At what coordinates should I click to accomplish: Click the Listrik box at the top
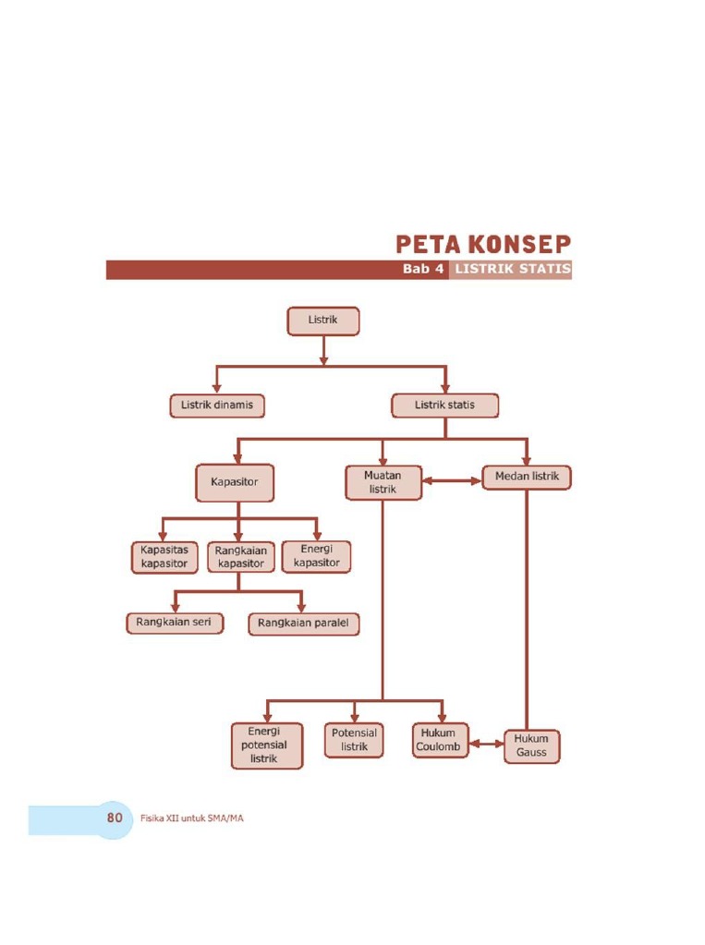click(322, 321)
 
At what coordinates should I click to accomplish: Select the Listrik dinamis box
click(217, 406)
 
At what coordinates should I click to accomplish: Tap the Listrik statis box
click(445, 406)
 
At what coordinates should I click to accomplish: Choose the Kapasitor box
click(235, 482)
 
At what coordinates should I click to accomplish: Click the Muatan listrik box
click(383, 482)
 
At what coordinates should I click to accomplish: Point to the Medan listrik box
click(527, 478)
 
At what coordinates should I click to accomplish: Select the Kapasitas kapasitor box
click(164, 556)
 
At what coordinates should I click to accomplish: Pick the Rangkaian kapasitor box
click(240, 556)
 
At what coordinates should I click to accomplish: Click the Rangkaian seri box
click(174, 623)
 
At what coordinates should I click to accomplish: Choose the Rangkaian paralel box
click(304, 624)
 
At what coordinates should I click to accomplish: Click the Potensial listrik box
click(354, 740)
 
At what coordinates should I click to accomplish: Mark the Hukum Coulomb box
click(439, 740)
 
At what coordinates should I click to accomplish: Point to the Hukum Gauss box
click(531, 745)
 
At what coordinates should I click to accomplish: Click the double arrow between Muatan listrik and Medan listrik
click(453, 480)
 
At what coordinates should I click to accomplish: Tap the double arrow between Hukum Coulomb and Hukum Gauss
click(486, 742)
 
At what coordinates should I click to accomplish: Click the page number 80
click(115, 818)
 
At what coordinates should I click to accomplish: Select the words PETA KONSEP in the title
click(483, 245)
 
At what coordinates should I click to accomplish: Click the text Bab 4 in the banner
click(423, 270)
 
